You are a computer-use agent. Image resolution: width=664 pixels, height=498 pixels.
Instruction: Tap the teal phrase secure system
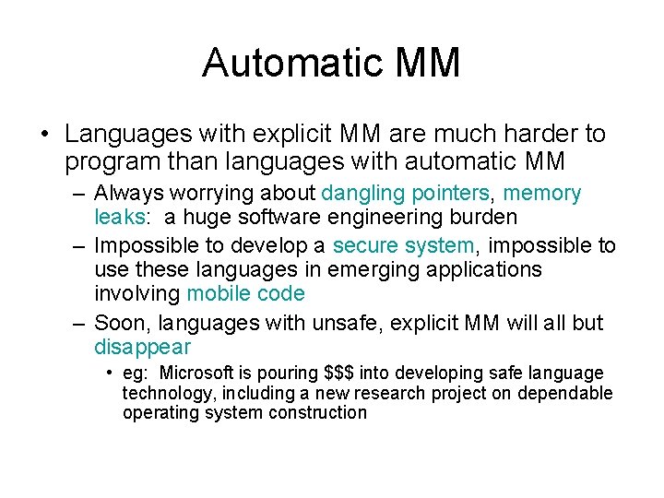403,245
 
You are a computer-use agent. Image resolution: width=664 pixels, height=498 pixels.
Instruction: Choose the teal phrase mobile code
245,293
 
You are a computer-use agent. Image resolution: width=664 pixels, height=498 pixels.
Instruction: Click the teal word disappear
142,348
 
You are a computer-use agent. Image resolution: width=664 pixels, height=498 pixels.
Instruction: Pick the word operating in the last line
160,412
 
